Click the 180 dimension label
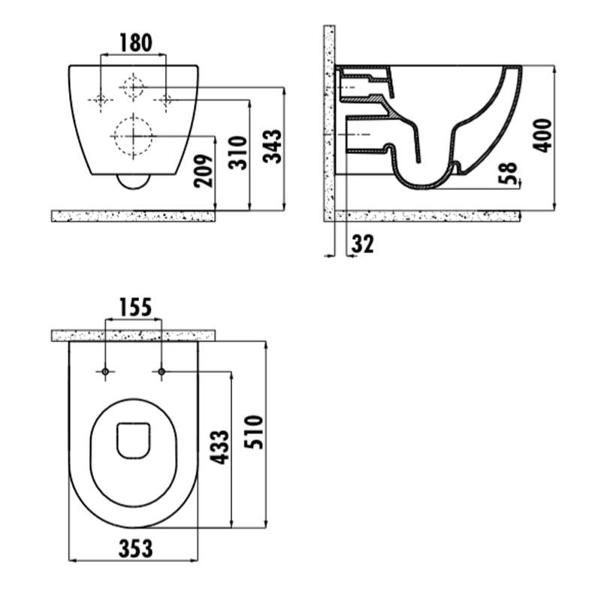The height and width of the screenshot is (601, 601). [136, 43]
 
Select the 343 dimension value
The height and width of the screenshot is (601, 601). [273, 146]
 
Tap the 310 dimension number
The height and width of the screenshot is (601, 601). [237, 153]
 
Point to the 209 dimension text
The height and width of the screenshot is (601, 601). [203, 171]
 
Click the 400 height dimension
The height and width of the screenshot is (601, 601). [542, 136]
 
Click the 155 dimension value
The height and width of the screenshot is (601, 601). [136, 307]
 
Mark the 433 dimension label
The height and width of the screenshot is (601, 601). [220, 447]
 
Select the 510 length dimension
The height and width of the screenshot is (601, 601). [254, 432]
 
